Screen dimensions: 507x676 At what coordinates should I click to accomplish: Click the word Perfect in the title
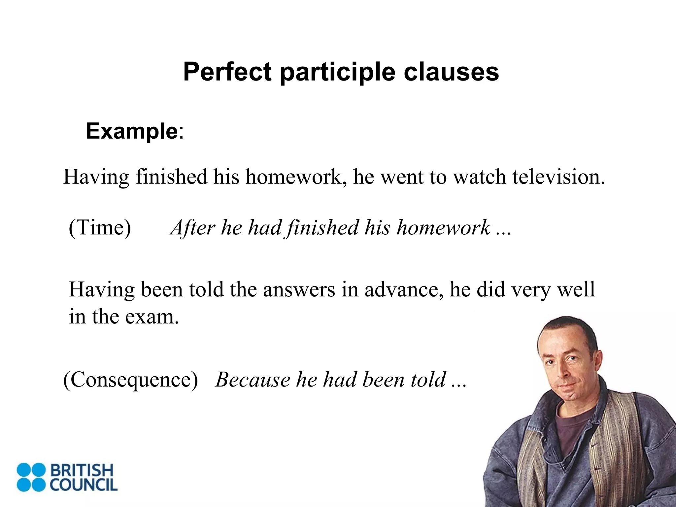point(227,72)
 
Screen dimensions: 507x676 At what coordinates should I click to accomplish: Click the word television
point(558,177)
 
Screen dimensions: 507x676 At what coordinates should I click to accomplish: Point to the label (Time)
point(100,227)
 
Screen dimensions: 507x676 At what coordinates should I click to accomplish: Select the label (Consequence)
point(131,380)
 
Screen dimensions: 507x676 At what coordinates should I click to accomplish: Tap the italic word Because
point(252,380)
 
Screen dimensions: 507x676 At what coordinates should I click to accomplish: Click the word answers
point(299,289)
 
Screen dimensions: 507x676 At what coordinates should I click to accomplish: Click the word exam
point(152,317)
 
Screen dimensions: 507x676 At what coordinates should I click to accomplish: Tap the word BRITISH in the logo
point(82,470)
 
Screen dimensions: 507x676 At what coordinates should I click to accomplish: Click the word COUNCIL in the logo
point(84,485)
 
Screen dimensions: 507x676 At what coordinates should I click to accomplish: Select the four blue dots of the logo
point(31,477)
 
